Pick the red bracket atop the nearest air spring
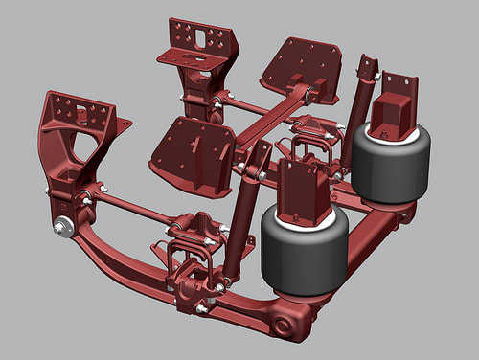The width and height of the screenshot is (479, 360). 305,191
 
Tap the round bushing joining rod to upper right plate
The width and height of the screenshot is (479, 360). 305,94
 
